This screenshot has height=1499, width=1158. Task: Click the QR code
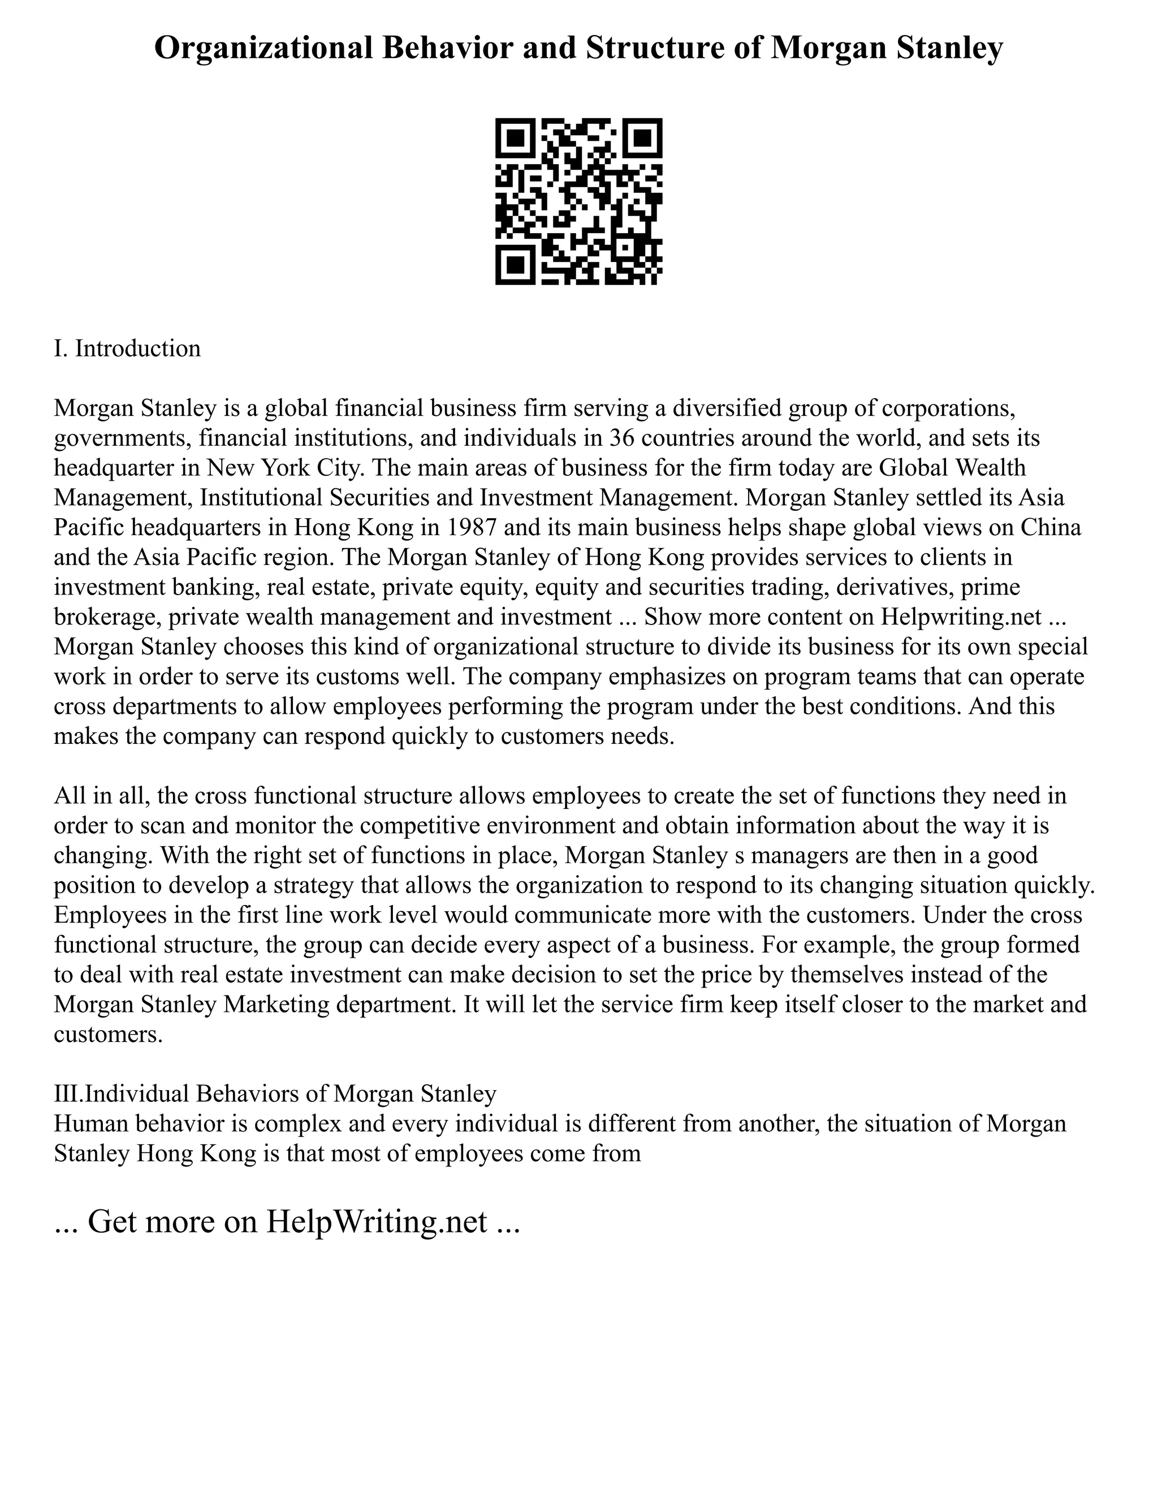579,201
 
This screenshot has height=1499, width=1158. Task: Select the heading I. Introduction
128,348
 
